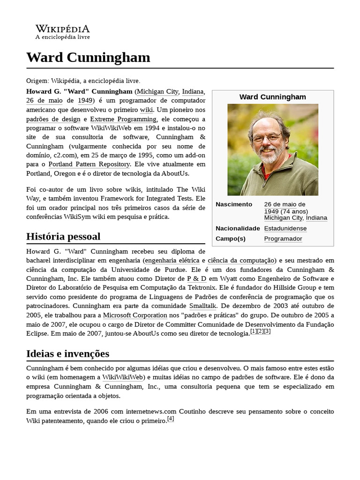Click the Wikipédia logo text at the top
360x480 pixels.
(62, 29)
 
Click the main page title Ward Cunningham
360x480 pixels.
(88, 57)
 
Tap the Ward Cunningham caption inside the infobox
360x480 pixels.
(272, 97)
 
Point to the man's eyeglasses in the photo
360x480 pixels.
(267, 137)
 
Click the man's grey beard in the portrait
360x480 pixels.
(269, 156)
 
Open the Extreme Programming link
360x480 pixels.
(123, 120)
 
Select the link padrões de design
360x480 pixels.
(53, 120)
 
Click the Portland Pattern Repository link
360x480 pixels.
(89, 164)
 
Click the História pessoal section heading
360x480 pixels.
(63, 236)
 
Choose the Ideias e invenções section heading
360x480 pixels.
(67, 353)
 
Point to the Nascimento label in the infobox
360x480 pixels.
(233, 204)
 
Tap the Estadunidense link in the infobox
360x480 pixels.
(285, 228)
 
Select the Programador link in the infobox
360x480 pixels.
(283, 239)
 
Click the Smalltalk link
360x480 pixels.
(202, 306)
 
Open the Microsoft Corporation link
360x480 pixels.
(135, 315)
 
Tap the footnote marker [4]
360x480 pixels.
(171, 419)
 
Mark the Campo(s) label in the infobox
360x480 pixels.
(230, 239)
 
